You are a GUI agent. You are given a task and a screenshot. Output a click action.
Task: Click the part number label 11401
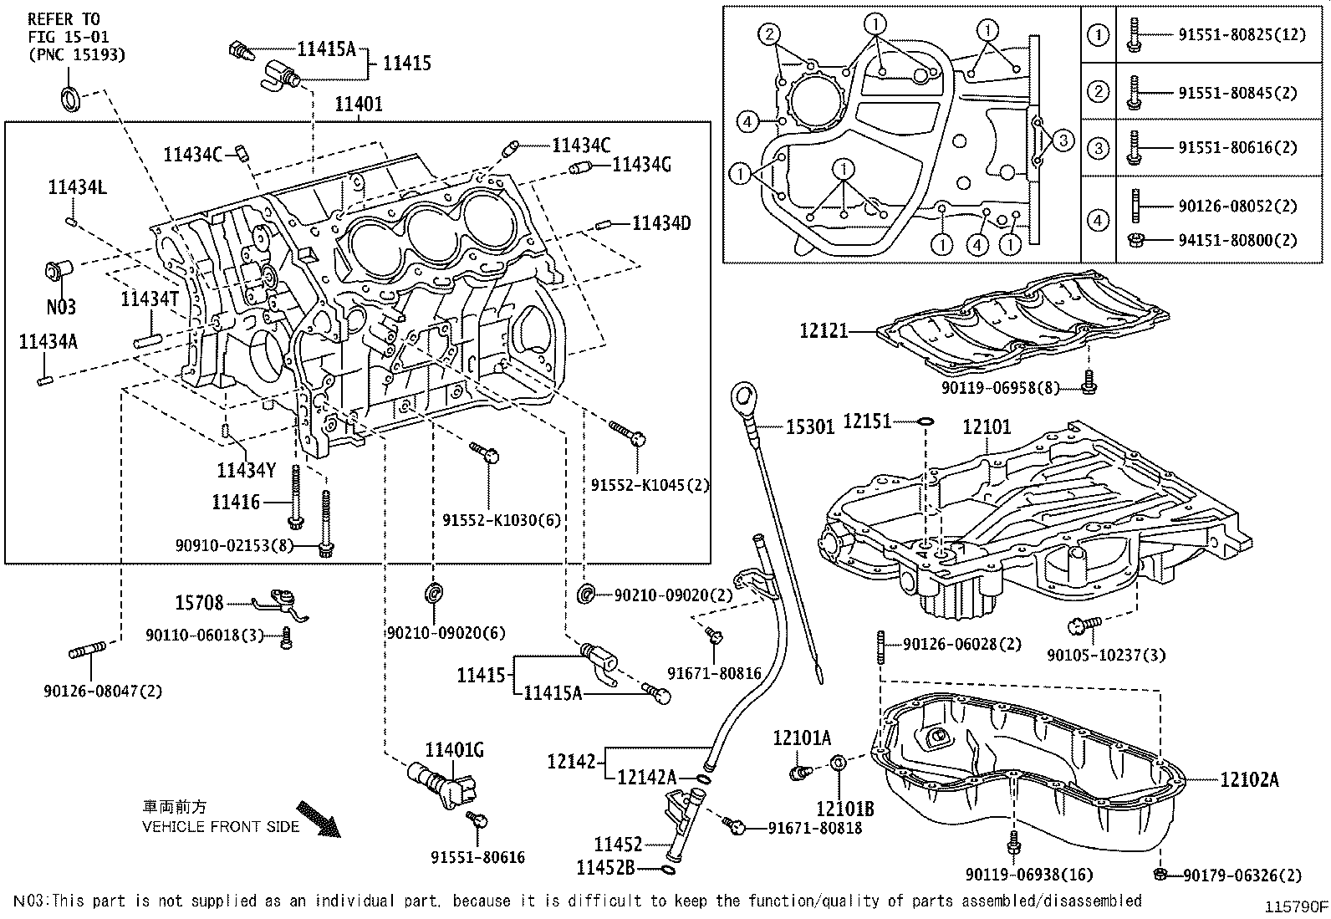coord(359,105)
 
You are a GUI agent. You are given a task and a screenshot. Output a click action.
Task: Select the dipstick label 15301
coord(809,427)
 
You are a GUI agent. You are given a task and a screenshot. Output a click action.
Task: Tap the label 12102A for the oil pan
coord(1249,780)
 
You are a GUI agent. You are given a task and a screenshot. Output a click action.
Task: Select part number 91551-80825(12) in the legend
coord(1237,36)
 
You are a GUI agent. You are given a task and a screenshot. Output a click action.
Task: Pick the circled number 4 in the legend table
coord(1098,221)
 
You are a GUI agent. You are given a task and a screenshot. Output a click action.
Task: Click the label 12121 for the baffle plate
coord(824,331)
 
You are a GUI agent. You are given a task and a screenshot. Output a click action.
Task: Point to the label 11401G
coord(455,750)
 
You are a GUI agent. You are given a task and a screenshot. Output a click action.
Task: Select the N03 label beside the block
coord(60,307)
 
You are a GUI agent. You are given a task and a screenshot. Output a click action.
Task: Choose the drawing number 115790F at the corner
coord(1295,907)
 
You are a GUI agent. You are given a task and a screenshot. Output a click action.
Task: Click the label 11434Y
coord(246,471)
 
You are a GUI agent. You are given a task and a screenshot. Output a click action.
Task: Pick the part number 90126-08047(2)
coord(103,691)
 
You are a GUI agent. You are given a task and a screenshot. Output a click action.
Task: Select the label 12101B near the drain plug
coord(846,809)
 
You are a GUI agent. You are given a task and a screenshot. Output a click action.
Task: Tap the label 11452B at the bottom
coord(606,868)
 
